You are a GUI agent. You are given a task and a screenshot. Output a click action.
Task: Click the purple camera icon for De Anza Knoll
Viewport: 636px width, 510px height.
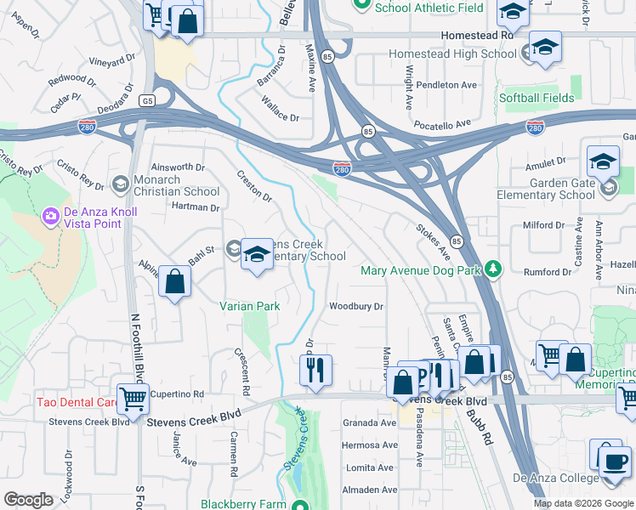coord(50,216)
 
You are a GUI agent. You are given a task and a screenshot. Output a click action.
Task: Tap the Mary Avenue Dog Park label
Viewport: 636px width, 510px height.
coord(421,271)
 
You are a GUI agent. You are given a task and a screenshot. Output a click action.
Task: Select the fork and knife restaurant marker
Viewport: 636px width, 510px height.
coord(315,370)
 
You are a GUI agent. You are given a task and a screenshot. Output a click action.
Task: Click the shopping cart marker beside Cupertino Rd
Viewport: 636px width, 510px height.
coord(133,398)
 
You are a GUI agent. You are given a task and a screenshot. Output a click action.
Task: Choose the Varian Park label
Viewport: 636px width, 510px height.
coord(249,305)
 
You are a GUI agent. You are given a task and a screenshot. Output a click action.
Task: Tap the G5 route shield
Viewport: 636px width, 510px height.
coord(149,100)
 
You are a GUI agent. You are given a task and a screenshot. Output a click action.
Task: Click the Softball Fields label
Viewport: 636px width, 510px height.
coord(537,98)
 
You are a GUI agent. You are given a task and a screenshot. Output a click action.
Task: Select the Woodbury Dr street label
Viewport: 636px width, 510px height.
coord(357,306)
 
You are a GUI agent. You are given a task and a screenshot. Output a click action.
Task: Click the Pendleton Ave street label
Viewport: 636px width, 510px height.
coord(446,85)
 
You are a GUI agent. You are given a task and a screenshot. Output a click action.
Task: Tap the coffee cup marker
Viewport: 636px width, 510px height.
coord(615,462)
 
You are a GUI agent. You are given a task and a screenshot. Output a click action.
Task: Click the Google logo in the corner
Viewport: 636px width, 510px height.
coord(28,500)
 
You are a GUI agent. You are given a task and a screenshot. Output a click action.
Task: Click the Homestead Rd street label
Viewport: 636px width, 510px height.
coord(478,37)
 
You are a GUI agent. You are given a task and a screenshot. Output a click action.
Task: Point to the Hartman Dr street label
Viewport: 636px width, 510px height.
coord(196,207)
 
